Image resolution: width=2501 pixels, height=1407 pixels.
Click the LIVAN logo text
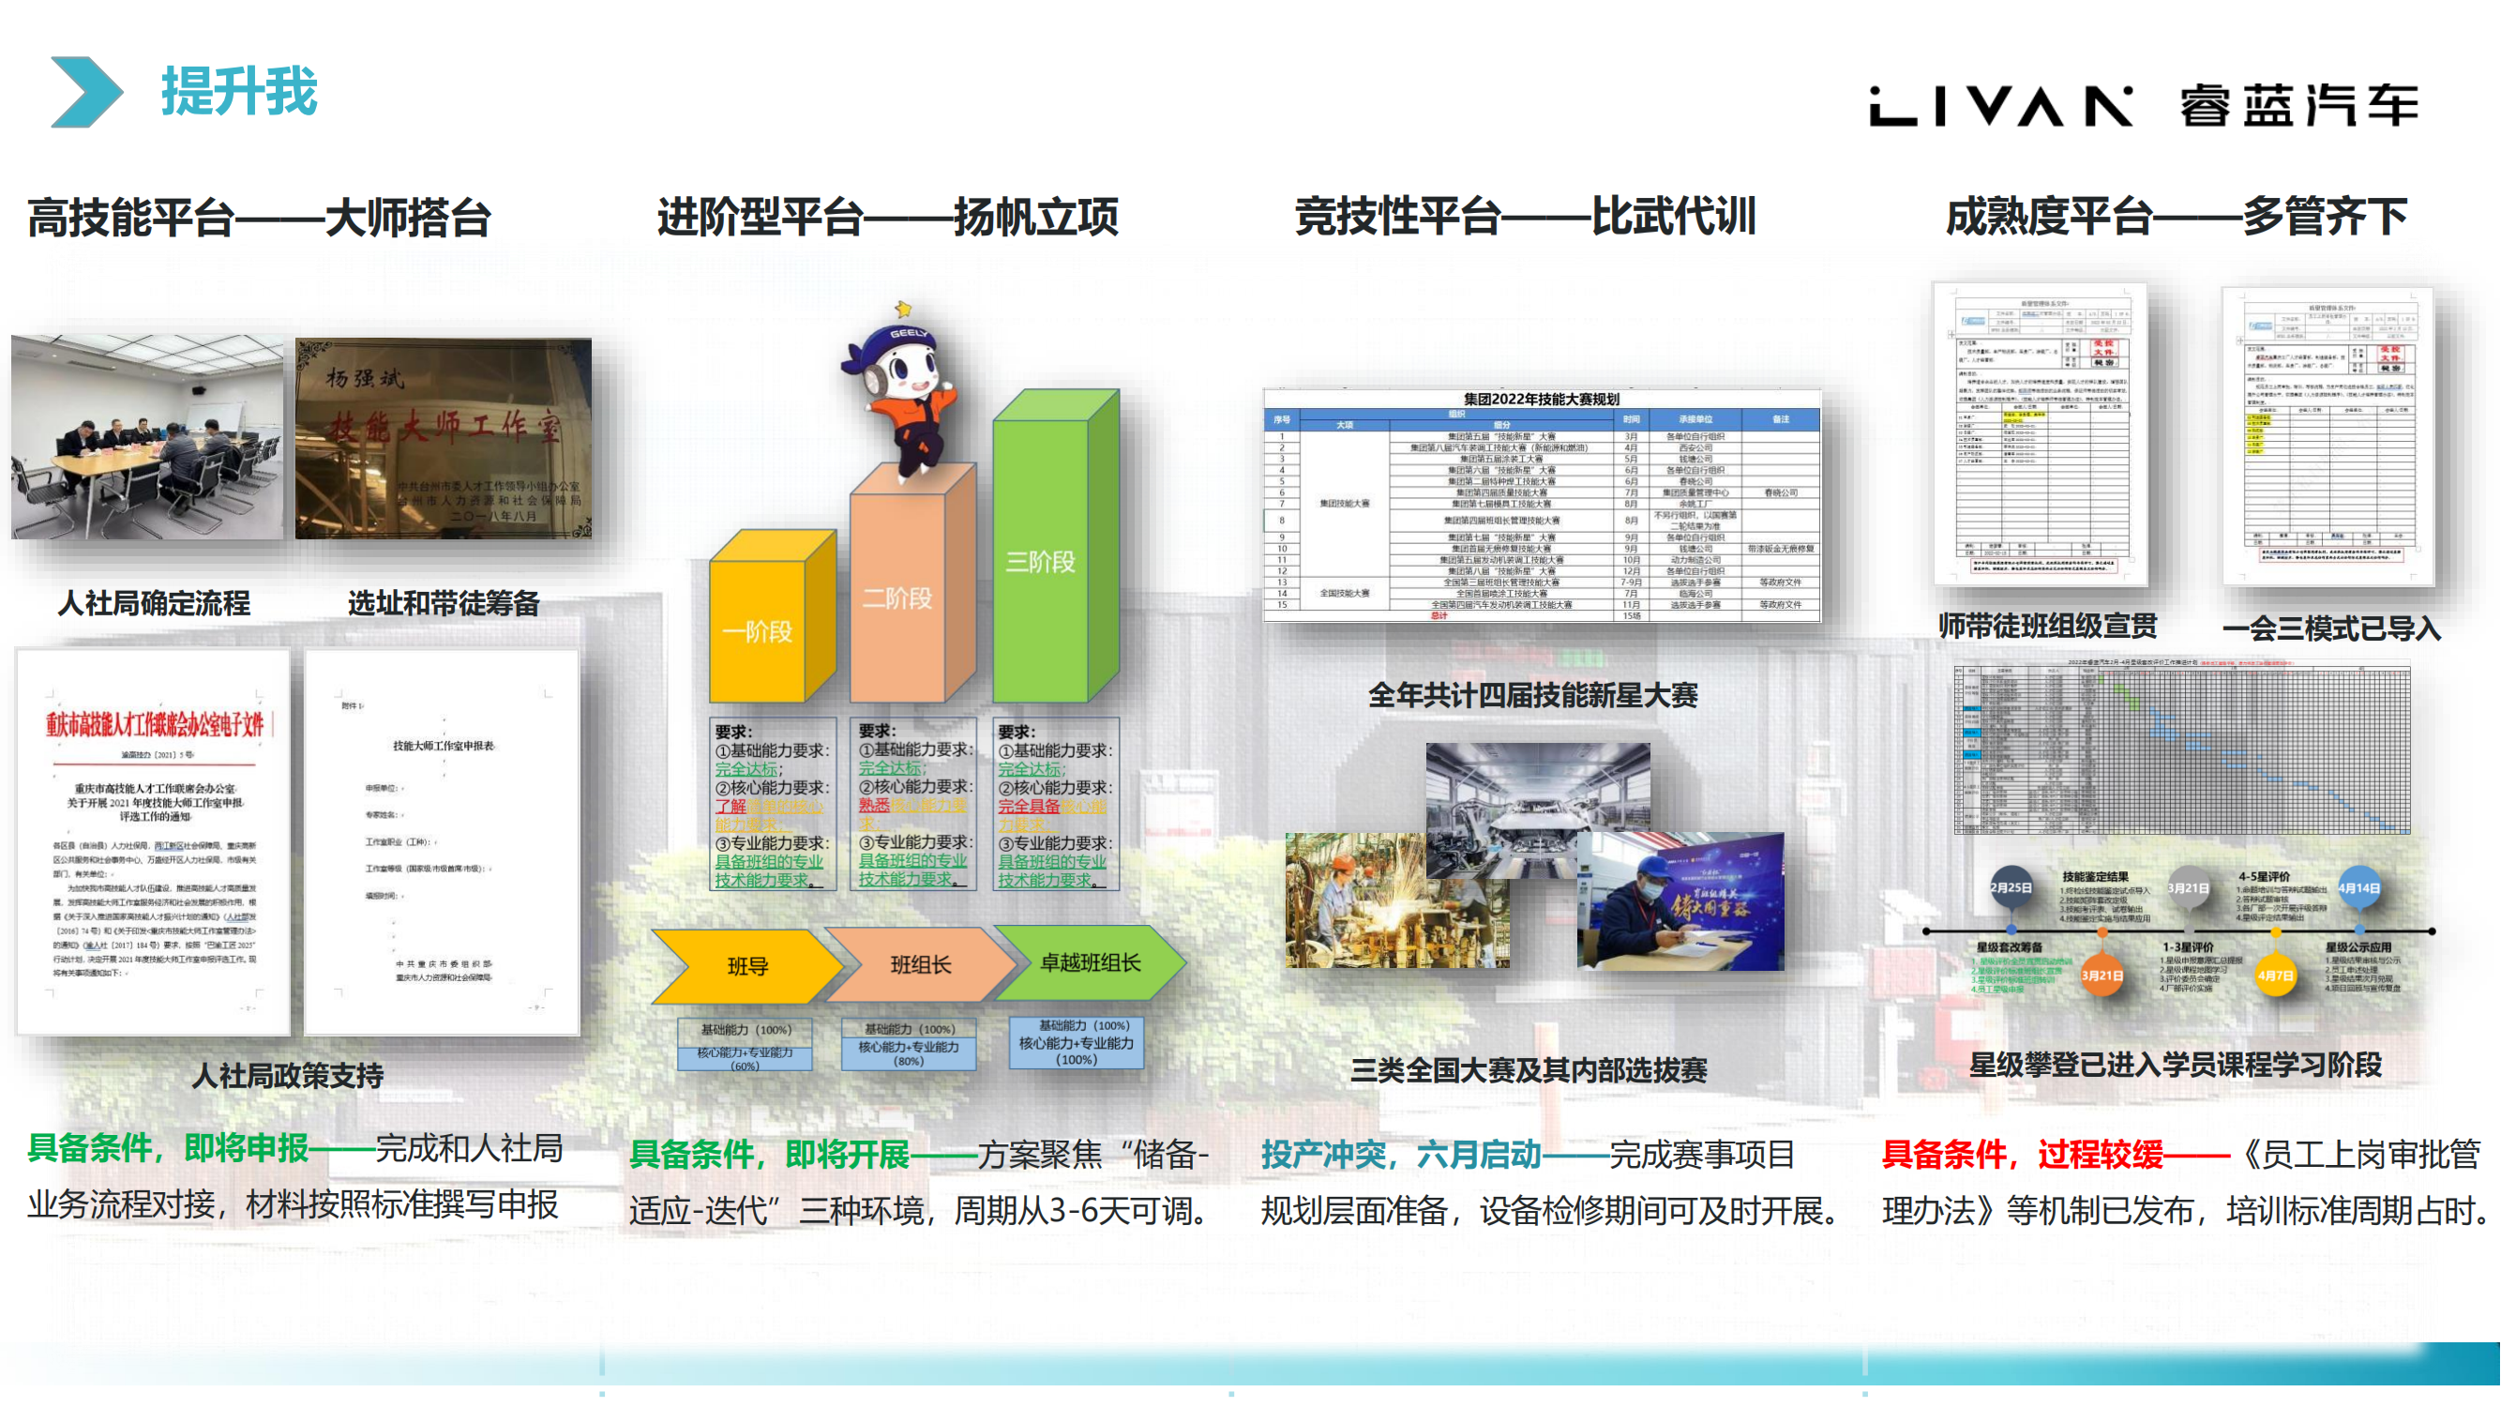click(2000, 105)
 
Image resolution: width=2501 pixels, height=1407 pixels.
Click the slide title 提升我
click(239, 92)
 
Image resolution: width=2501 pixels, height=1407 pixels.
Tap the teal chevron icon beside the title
click(85, 92)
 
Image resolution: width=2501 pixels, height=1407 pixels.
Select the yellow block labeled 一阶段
click(759, 631)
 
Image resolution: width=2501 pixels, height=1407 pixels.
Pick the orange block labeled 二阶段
click(898, 598)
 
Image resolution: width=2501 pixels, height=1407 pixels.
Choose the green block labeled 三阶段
click(1041, 561)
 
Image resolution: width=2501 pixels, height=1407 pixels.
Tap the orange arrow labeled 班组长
click(919, 964)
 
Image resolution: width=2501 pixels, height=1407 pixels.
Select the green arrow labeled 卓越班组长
click(1090, 962)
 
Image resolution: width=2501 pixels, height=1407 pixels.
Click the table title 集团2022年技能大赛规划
click(1541, 399)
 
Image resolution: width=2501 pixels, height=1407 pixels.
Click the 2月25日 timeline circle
click(2011, 887)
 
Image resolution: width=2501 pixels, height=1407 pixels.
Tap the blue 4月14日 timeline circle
click(2358, 887)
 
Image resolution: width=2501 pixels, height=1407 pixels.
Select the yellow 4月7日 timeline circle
click(2275, 975)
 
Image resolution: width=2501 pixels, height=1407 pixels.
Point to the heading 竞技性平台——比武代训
click(1524, 216)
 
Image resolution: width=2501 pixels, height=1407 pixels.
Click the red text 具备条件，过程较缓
click(2023, 1154)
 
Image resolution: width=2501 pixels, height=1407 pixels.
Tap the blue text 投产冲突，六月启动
click(1401, 1154)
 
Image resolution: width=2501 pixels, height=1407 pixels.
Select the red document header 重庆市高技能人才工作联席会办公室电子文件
click(156, 724)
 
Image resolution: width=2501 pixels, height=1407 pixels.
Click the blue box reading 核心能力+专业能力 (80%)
click(909, 1052)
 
